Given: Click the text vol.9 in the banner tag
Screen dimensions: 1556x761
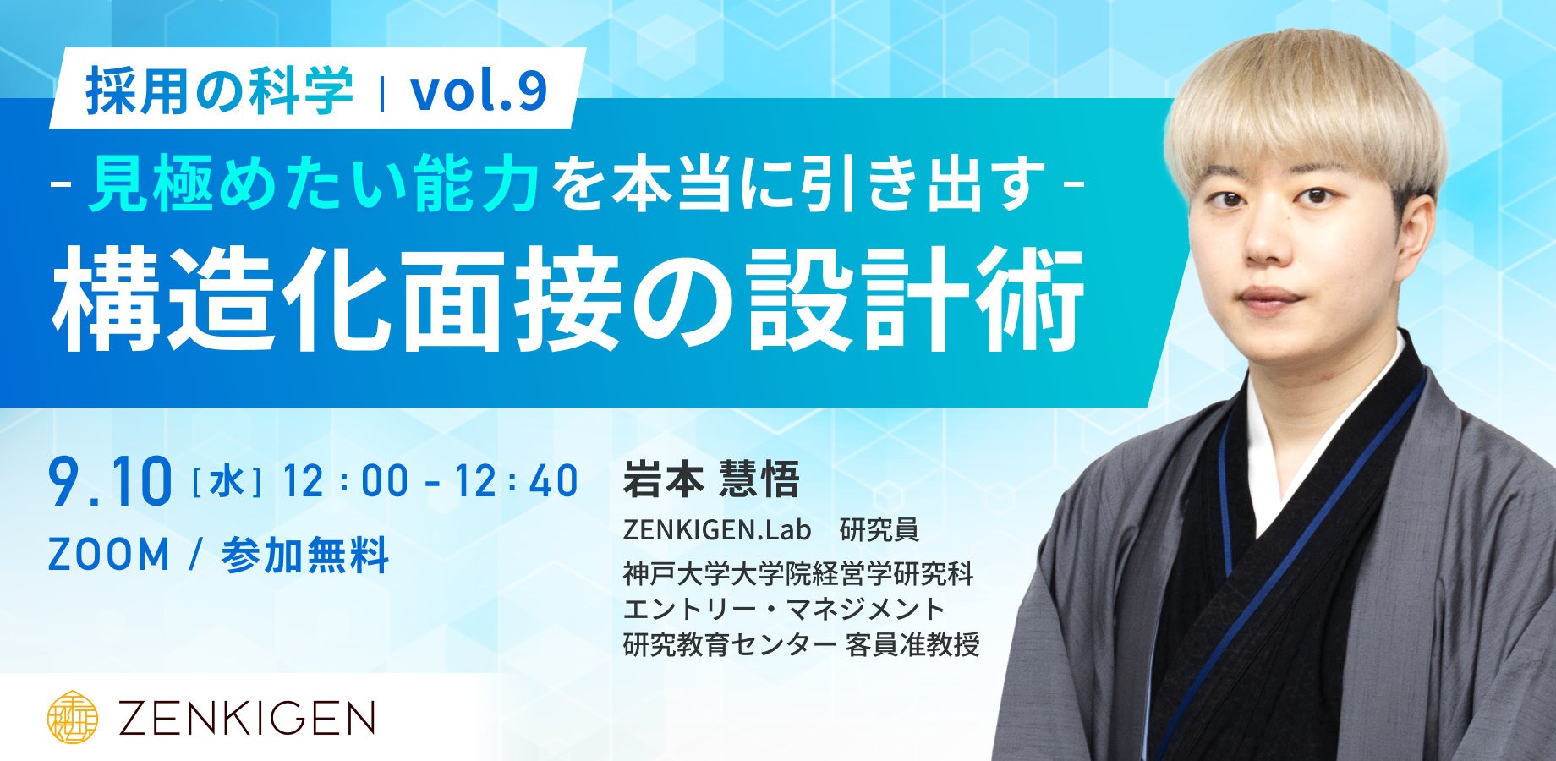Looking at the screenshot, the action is coord(479,90).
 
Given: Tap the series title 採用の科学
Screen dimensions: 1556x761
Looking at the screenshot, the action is coord(219,90).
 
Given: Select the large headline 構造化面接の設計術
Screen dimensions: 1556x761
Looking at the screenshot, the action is coord(568,299).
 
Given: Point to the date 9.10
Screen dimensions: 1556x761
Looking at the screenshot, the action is coord(110,482).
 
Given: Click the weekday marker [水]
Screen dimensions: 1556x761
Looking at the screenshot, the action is coord(227,483).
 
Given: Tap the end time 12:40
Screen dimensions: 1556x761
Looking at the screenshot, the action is coord(516,481).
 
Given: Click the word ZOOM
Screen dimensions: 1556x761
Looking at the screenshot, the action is coord(109,556).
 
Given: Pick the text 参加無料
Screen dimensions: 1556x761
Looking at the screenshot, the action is coord(304,556).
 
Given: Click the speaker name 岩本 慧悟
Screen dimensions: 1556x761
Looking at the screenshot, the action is coord(711,479).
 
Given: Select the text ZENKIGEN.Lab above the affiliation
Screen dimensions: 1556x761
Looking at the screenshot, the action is coord(717,529).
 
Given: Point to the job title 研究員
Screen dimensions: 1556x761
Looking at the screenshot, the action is coord(879,529).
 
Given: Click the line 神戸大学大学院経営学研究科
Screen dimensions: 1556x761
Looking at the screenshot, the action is coord(798,574).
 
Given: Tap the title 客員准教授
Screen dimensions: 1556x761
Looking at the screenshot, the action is coord(912,644).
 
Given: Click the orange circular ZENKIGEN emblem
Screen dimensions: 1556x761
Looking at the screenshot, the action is coord(72,717).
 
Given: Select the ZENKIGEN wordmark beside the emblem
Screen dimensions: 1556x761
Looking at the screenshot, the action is coord(246,719).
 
